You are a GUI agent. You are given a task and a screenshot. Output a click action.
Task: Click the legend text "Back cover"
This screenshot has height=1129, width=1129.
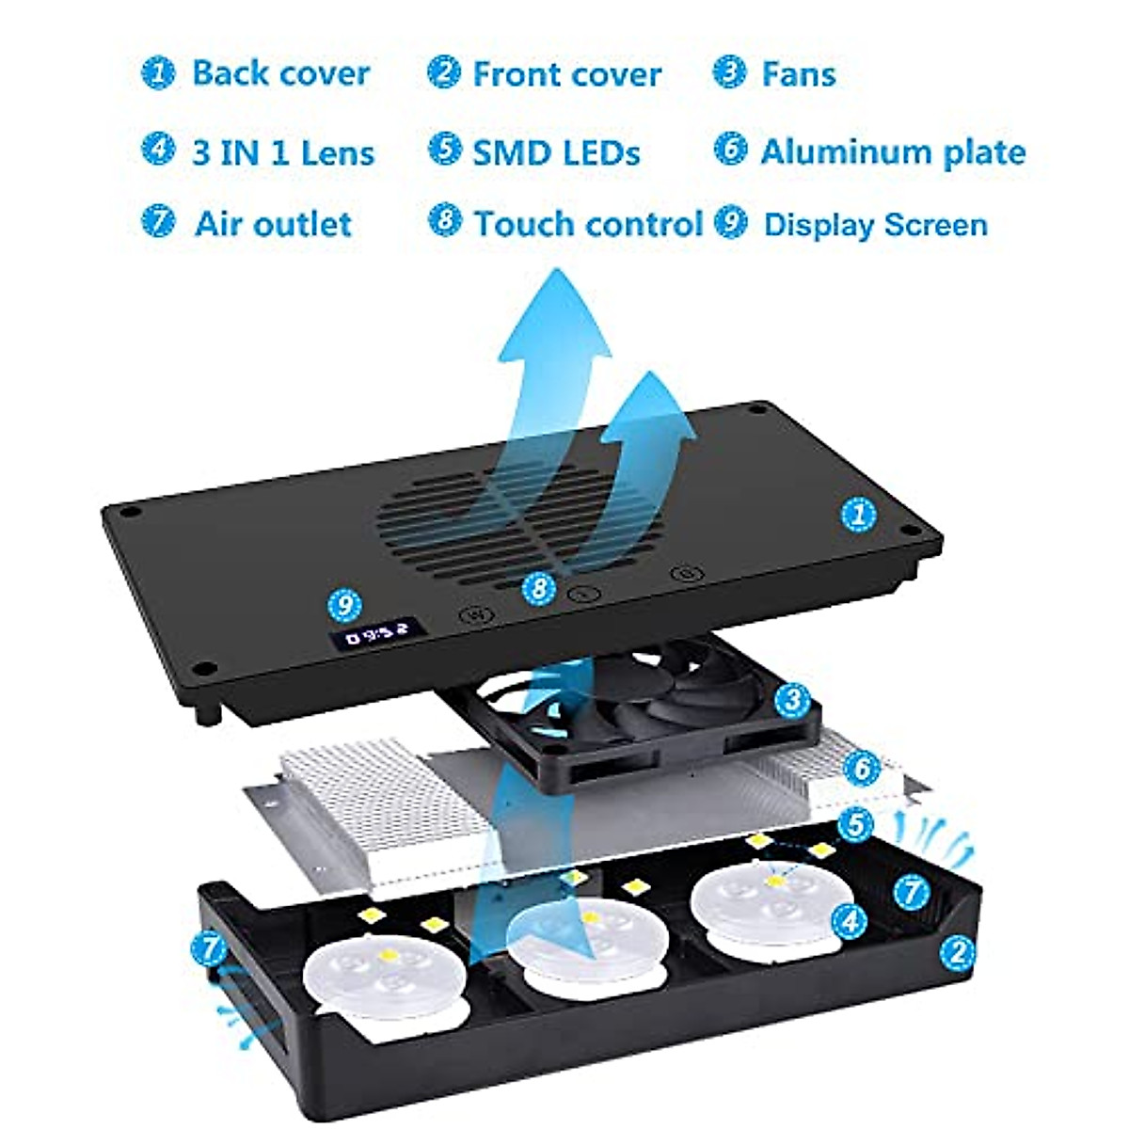[280, 73]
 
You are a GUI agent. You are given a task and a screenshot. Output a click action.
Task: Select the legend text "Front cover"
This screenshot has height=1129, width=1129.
[566, 74]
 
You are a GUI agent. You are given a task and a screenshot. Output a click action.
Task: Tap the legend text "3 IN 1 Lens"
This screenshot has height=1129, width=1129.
[283, 152]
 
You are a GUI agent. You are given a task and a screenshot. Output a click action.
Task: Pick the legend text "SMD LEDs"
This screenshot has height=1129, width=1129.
[556, 152]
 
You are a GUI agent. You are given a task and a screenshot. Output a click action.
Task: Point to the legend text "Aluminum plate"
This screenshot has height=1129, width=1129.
[892, 151]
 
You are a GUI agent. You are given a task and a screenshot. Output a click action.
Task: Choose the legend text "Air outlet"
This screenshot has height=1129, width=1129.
[273, 224]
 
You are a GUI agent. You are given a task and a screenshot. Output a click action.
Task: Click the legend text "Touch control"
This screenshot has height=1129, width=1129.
[588, 224]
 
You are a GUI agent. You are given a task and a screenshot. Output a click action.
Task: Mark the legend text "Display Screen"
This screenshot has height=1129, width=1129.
[875, 225]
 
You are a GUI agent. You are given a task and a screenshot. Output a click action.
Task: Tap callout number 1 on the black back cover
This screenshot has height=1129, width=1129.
[858, 515]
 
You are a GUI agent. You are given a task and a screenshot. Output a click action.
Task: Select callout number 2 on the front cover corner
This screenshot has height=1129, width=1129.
[957, 951]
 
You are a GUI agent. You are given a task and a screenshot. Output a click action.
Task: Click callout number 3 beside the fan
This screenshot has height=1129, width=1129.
[791, 699]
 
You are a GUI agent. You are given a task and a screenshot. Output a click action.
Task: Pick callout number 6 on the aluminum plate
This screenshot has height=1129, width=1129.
[862, 769]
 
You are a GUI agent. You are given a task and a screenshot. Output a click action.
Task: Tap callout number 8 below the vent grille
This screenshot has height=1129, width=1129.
[538, 589]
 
